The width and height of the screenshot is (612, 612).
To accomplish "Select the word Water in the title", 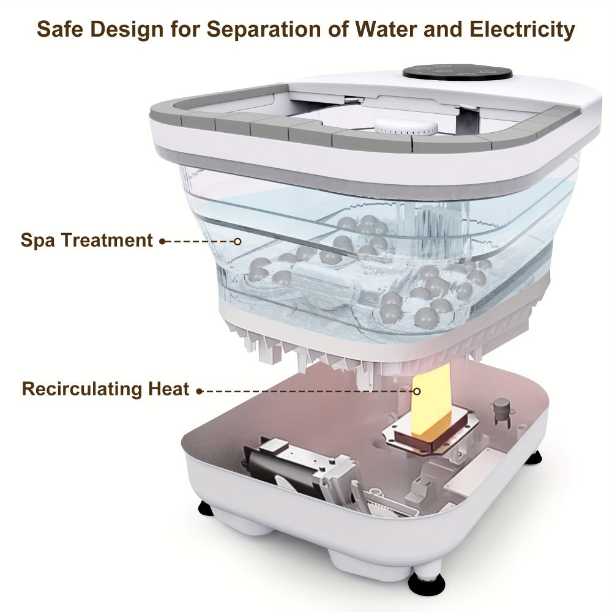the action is [385, 29].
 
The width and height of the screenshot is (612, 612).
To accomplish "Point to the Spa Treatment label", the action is [87, 240].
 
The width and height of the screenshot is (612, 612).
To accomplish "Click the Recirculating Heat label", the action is [105, 389].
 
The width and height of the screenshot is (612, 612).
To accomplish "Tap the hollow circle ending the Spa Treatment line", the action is [237, 242].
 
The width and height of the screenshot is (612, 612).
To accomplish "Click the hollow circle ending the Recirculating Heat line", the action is [417, 391].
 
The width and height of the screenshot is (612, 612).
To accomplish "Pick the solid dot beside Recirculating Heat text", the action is [200, 391].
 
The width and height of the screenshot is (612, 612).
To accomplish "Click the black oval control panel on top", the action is [457, 73].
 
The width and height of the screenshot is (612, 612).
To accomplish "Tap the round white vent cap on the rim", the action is [406, 127].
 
